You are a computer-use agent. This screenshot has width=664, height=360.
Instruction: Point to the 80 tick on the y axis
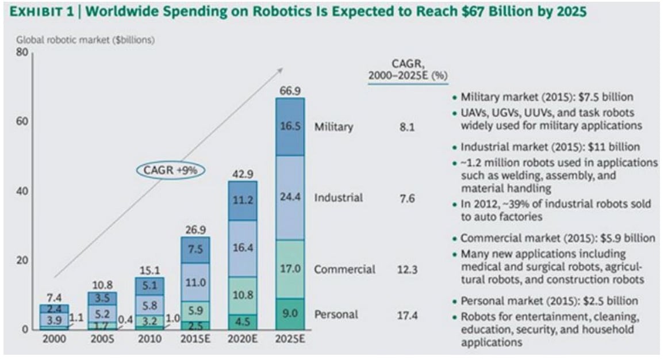(x=21, y=52)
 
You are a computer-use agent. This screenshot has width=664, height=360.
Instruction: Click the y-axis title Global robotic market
(x=86, y=40)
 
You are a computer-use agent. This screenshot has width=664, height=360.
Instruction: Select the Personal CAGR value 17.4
(x=408, y=315)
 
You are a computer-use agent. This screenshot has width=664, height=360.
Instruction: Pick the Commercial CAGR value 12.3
(x=408, y=269)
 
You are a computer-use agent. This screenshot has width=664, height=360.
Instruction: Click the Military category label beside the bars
(x=333, y=127)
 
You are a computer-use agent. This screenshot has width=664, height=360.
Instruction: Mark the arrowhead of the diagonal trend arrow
(x=281, y=69)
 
